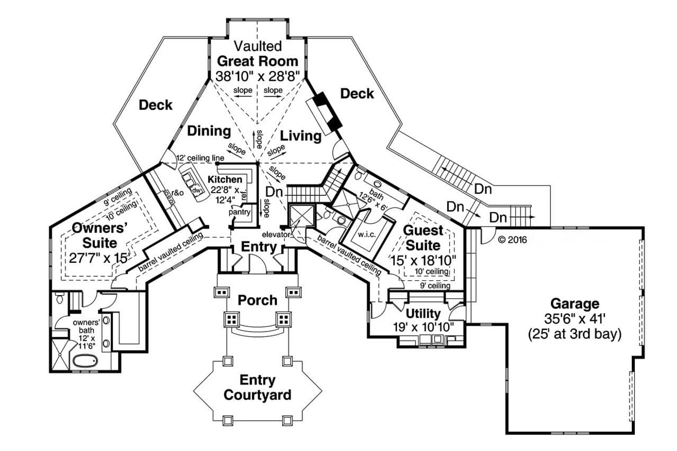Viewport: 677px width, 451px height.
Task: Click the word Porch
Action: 257,300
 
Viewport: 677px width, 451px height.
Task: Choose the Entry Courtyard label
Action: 257,388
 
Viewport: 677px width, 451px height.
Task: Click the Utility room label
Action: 423,313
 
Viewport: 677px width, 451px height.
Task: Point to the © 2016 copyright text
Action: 512,239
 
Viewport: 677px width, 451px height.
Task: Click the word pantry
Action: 238,211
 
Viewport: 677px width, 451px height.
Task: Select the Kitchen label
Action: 225,179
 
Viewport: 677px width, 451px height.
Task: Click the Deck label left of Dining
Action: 156,105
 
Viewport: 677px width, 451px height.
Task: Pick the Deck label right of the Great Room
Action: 357,94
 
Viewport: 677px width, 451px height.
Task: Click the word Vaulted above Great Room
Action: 257,46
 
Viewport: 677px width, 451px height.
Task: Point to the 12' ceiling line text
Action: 200,158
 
